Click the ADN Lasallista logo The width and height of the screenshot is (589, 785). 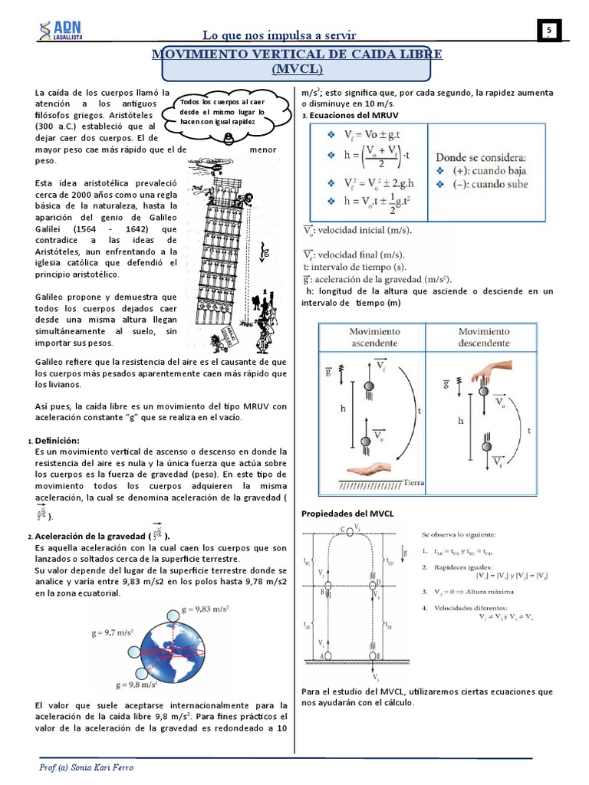point(64,28)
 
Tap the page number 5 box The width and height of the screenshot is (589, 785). point(549,30)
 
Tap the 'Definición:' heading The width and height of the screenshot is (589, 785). point(58,442)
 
